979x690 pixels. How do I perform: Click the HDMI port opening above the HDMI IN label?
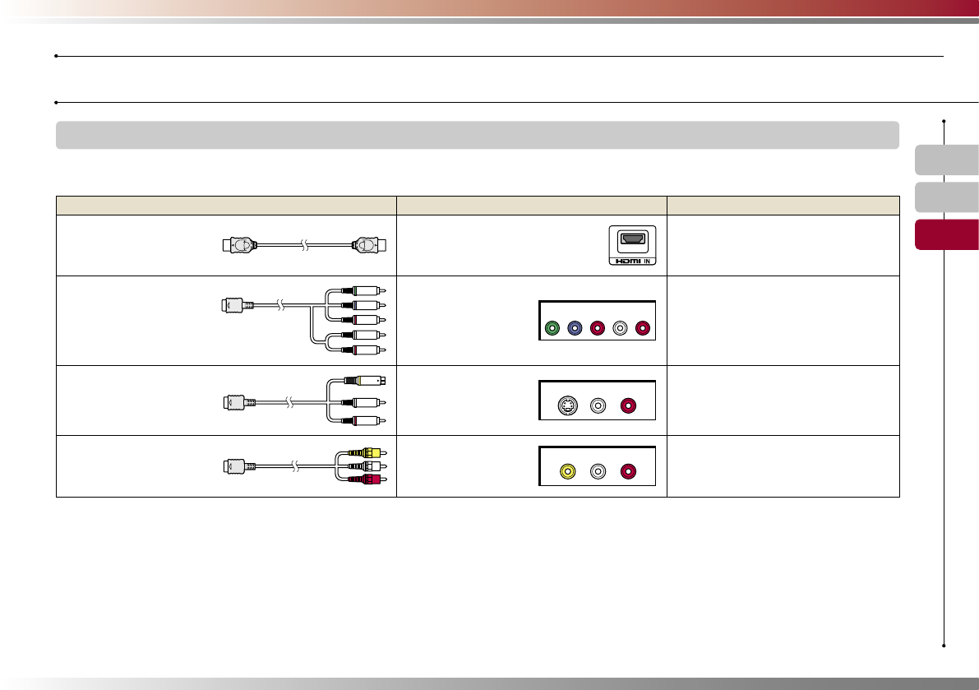coord(632,238)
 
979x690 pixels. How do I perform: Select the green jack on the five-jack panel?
coord(552,330)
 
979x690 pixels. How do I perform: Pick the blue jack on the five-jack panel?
coord(575,330)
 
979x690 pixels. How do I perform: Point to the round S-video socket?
coord(566,405)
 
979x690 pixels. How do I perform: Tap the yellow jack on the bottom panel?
coord(566,472)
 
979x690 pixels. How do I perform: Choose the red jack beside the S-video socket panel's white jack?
coord(628,405)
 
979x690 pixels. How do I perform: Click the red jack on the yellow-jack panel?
coord(628,472)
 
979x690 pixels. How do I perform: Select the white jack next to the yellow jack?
coord(598,472)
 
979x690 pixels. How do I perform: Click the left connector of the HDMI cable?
coord(240,244)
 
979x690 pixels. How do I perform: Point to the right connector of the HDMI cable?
coord(368,244)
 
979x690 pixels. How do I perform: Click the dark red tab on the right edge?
coord(946,234)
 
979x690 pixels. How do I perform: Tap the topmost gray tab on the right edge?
coord(946,160)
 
